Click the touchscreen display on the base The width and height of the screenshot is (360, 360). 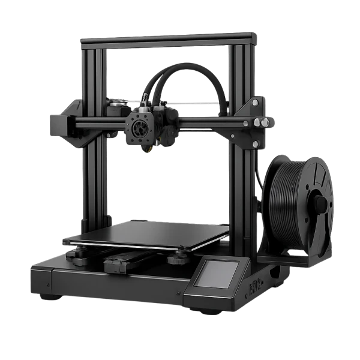[x=220, y=274]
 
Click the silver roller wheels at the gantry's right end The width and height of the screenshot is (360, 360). [x=259, y=122]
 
